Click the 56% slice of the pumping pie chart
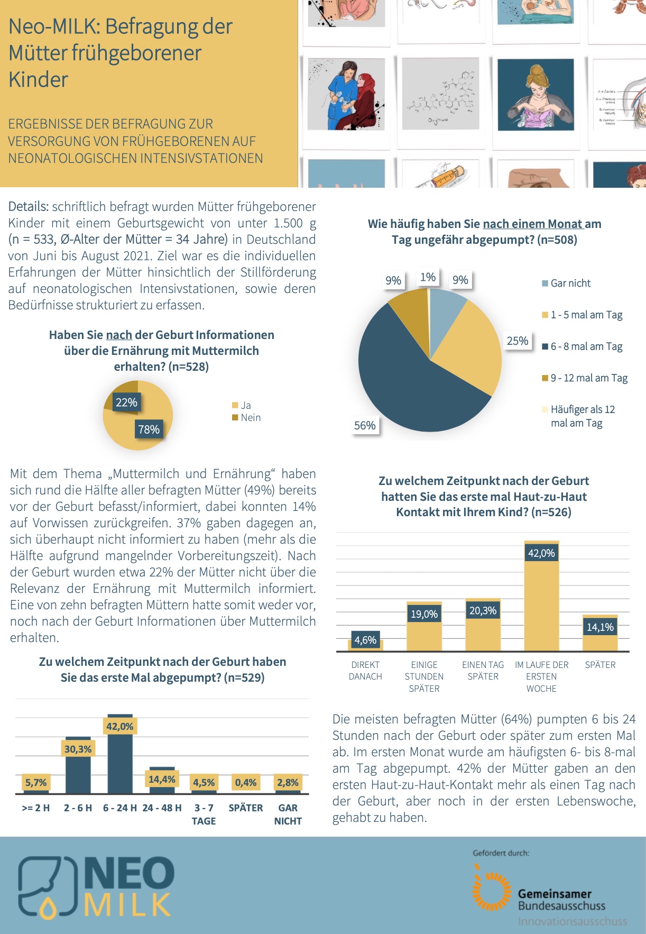point(402,381)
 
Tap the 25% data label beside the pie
point(518,341)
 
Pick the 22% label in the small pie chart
point(126,402)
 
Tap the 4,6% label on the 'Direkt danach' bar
point(365,640)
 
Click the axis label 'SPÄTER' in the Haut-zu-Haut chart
point(600,665)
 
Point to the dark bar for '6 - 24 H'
point(120,762)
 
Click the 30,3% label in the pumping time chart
point(78,749)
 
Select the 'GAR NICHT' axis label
point(288,814)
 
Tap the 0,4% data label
point(246,782)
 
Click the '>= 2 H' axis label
point(36,808)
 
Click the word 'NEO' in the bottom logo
point(129,873)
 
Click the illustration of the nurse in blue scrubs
point(346,94)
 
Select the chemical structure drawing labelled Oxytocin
point(440,94)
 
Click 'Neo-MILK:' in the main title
point(52,26)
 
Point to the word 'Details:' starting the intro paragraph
point(29,207)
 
